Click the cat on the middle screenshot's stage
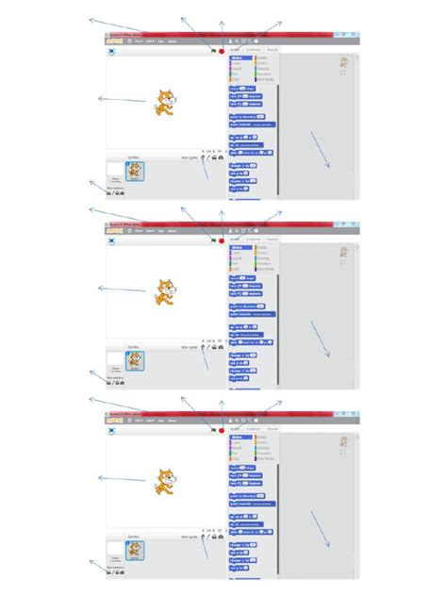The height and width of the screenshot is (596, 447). (164, 290)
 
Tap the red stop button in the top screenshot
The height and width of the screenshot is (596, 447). (222, 51)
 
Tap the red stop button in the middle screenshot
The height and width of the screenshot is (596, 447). (222, 240)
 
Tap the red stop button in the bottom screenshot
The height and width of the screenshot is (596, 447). (222, 430)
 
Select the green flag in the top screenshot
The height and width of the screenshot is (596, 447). (214, 51)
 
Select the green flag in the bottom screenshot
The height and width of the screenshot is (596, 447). (214, 430)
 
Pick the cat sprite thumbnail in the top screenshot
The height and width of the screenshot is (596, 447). (134, 171)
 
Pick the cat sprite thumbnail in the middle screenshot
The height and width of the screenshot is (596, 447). (134, 360)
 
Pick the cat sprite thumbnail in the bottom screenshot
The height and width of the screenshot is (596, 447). (134, 550)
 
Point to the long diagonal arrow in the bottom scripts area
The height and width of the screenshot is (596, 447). (320, 528)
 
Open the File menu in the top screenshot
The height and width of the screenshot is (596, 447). (139, 42)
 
